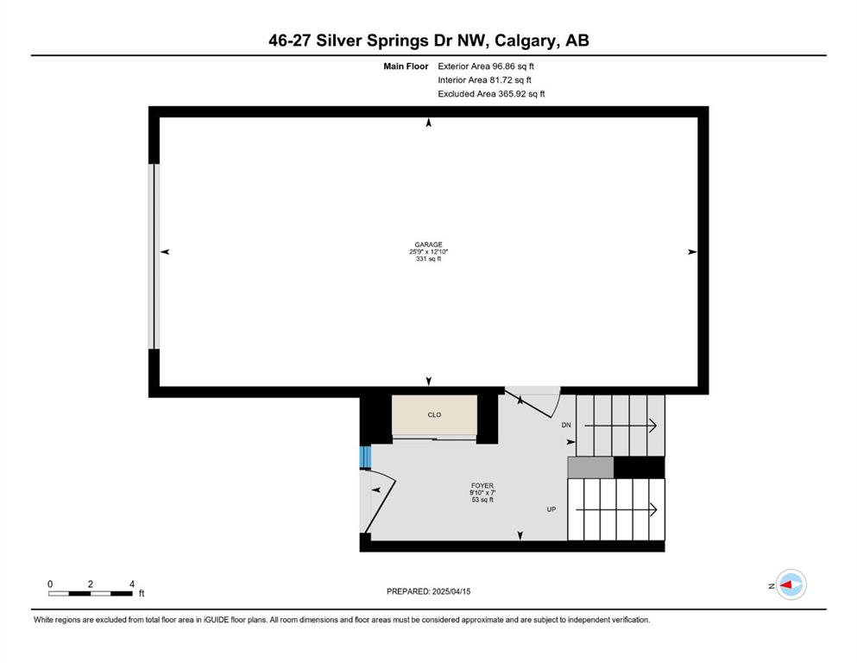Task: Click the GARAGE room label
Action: click(x=428, y=245)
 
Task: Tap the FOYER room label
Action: click(x=482, y=485)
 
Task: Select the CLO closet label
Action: click(x=434, y=415)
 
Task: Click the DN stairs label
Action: click(x=566, y=425)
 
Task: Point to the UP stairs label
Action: click(x=551, y=509)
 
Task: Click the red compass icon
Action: click(x=791, y=584)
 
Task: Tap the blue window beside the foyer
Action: click(x=365, y=457)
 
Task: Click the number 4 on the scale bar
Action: click(x=132, y=584)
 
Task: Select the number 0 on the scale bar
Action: click(x=50, y=584)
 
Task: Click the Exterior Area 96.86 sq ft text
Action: click(x=485, y=66)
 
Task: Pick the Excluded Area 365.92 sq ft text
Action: click(x=491, y=93)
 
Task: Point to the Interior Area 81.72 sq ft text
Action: click(x=484, y=79)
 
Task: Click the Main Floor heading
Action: click(x=406, y=66)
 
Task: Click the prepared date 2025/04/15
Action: click(x=451, y=591)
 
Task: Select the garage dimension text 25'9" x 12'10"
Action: click(x=428, y=252)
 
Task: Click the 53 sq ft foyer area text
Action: click(x=482, y=500)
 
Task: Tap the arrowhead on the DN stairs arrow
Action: click(x=652, y=426)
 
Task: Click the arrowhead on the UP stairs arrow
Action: click(x=652, y=509)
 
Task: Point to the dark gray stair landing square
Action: click(x=591, y=468)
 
